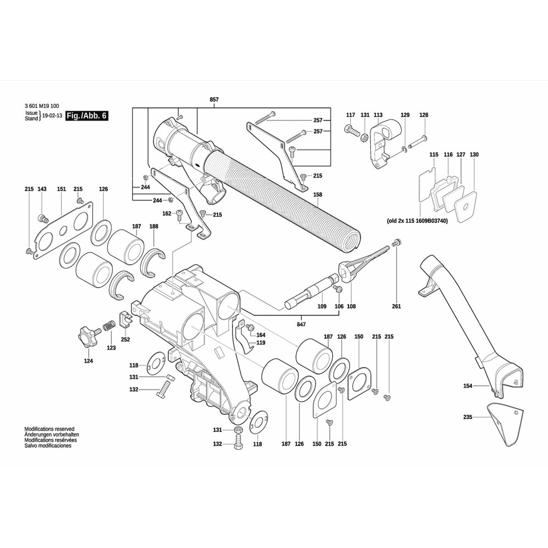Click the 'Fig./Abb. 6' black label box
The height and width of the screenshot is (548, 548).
pyautogui.click(x=87, y=116)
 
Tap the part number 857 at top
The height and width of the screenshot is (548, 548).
pyautogui.click(x=214, y=100)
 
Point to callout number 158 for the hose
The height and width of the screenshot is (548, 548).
pyautogui.click(x=318, y=195)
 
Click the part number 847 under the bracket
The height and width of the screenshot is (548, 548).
pyautogui.click(x=301, y=324)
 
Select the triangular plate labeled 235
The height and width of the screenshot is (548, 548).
pyautogui.click(x=506, y=424)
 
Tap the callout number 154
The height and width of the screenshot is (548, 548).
pyautogui.click(x=467, y=386)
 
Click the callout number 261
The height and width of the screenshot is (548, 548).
pyautogui.click(x=396, y=306)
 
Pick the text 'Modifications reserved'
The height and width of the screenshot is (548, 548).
pyautogui.click(x=49, y=429)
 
